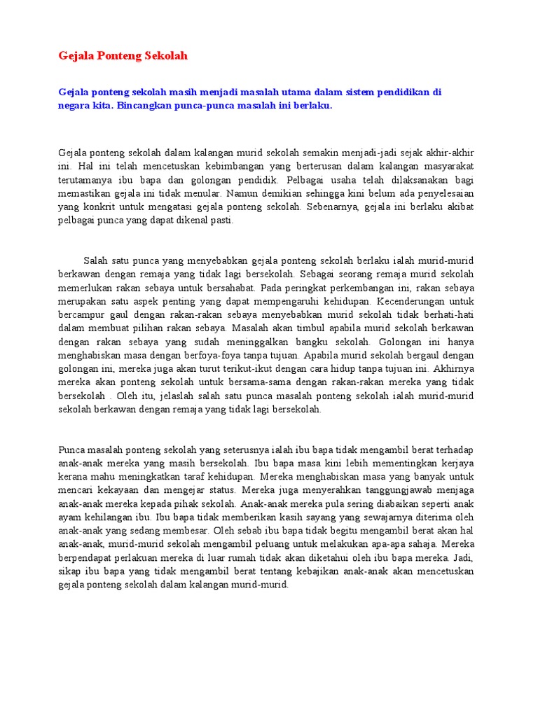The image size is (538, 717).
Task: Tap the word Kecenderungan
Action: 434,300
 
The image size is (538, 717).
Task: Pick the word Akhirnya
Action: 454,368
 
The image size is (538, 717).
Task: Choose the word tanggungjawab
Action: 385,489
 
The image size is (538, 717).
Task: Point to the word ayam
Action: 71,517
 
